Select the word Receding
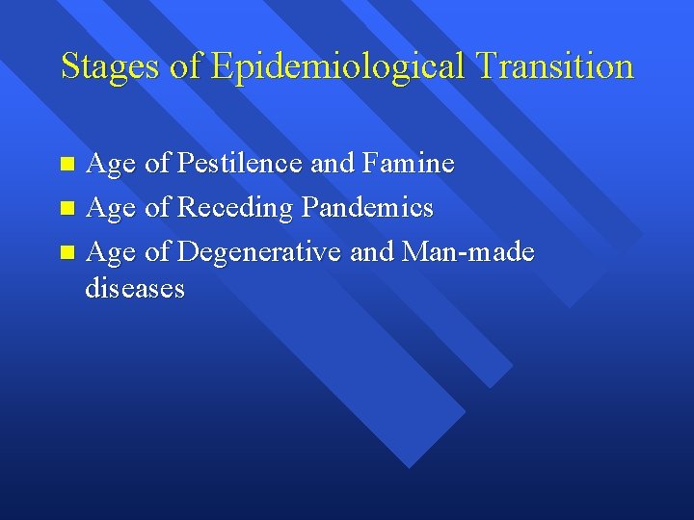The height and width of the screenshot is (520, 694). tap(236, 208)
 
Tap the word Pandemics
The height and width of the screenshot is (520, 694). tap(367, 208)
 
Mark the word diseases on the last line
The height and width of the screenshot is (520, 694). tap(135, 288)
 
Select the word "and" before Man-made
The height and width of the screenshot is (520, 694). tap(371, 252)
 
